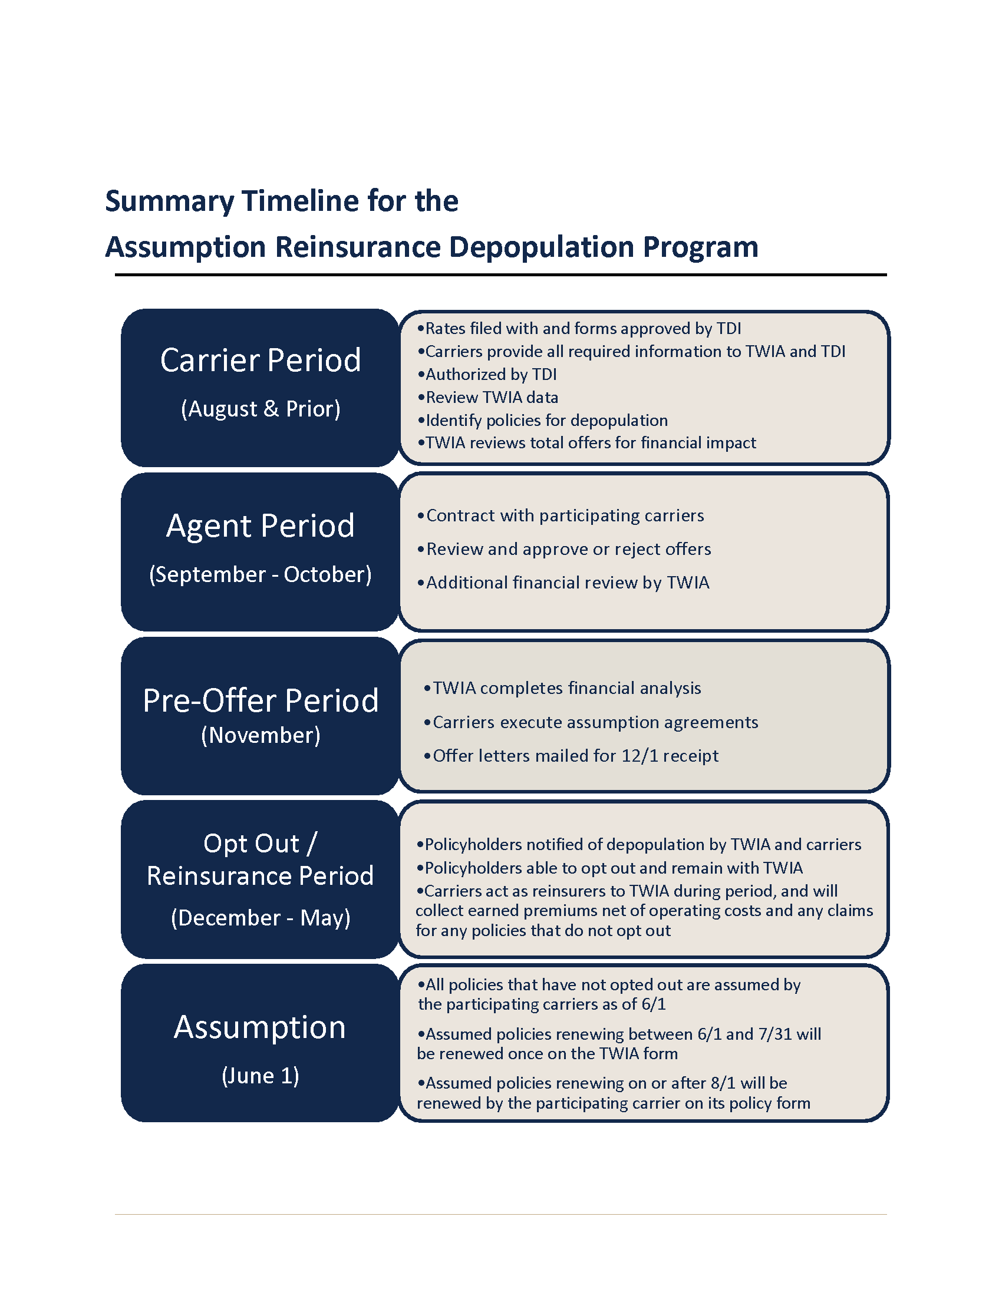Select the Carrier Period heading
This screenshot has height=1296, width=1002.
pyautogui.click(x=261, y=360)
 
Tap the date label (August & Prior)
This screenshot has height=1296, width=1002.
pyautogui.click(x=261, y=409)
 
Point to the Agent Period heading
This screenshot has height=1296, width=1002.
pyautogui.click(x=261, y=526)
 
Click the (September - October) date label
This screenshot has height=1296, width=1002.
pyautogui.click(x=261, y=574)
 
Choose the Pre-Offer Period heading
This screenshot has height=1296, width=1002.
pyautogui.click(x=261, y=701)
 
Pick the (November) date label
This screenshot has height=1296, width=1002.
pyautogui.click(x=261, y=735)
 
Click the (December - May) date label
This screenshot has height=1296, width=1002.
pyautogui.click(x=261, y=918)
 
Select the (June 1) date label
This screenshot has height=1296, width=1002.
pyautogui.click(x=261, y=1076)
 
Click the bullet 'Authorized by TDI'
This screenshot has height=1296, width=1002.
pyautogui.click(x=487, y=375)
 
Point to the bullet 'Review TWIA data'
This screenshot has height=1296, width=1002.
pyautogui.click(x=488, y=397)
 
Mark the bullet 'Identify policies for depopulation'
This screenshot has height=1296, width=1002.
pyautogui.click(x=542, y=420)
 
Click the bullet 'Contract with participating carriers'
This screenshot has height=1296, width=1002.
pyautogui.click(x=561, y=515)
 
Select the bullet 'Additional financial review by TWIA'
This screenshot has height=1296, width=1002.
pyautogui.click(x=563, y=583)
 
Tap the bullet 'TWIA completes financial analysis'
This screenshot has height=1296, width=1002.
pyautogui.click(x=562, y=688)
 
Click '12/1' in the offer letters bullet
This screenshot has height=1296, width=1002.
pyautogui.click(x=640, y=756)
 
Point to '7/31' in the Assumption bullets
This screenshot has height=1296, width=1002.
pyautogui.click(x=775, y=1034)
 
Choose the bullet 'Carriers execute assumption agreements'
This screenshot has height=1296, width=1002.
pyautogui.click(x=591, y=722)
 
